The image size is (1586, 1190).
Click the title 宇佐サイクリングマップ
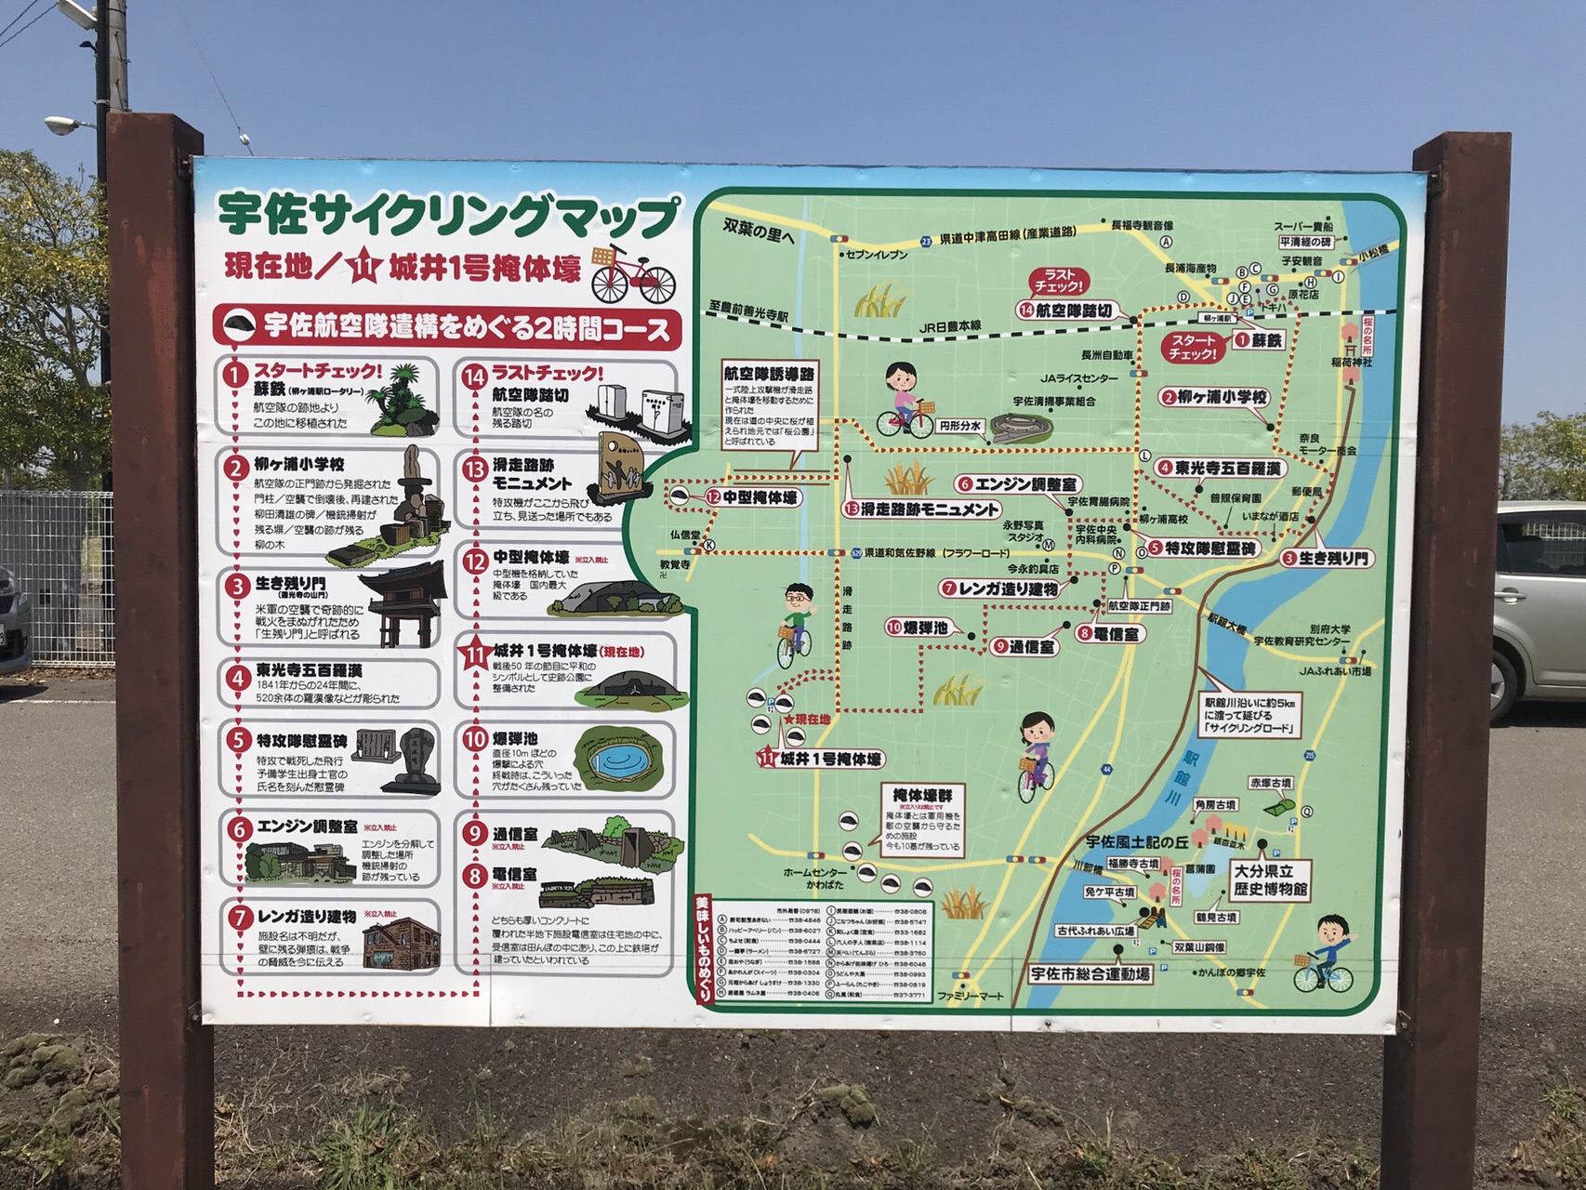(x=448, y=218)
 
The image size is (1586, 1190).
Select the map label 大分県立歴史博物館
(x=1270, y=880)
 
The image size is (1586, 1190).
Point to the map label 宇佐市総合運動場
(x=1090, y=973)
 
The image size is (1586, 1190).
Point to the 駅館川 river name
(x=1182, y=775)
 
